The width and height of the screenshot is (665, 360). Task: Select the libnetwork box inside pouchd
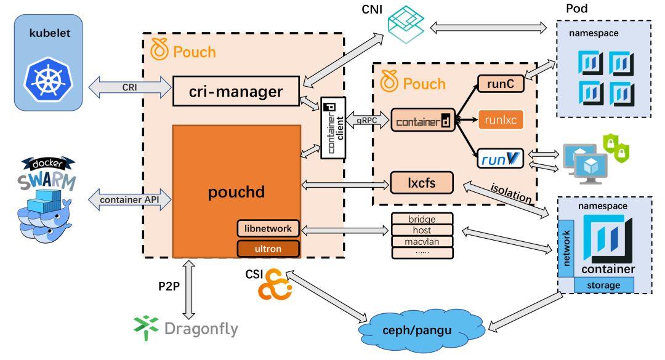point(268,228)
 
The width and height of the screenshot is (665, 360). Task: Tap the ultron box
point(268,249)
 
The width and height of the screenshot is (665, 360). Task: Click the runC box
point(501,82)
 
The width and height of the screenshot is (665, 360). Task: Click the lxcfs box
point(422,182)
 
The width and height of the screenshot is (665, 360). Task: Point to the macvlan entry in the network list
point(422,241)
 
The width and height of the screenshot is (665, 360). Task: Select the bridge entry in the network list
point(422,218)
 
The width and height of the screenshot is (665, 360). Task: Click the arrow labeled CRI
point(129,87)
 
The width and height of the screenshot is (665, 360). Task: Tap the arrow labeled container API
point(129,199)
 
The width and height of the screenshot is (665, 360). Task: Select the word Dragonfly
point(201,329)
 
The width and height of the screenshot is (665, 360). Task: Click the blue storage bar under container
point(604,285)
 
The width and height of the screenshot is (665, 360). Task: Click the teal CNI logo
point(407,22)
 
